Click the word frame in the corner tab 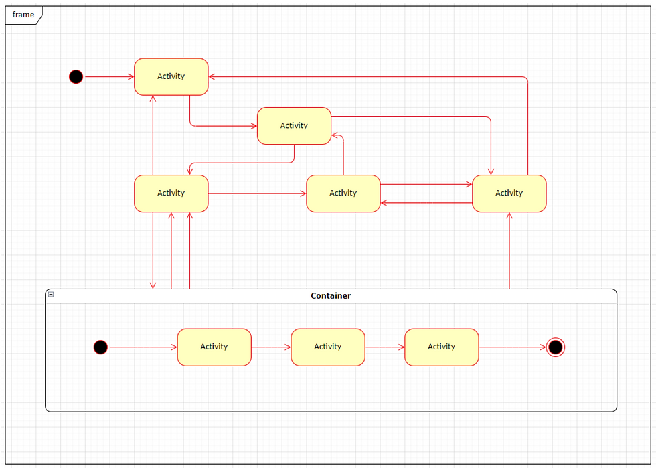coord(23,15)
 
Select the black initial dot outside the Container coord(76,77)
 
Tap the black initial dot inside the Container coord(100,347)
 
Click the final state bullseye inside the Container coord(555,347)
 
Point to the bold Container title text coord(331,295)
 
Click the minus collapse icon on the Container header coord(51,295)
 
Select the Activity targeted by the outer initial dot coord(171,76)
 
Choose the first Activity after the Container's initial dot coord(214,347)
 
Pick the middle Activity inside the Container coord(328,347)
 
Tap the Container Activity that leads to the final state coord(442,347)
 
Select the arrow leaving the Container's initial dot coord(142,347)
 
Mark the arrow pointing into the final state coord(512,347)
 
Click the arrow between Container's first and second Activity coord(271,347)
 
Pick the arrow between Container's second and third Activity coord(385,347)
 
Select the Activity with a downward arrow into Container coord(171,193)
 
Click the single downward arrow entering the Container coord(153,251)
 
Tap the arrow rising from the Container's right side coord(509,251)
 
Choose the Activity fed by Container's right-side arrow coord(509,193)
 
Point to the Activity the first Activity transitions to coord(295,126)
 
